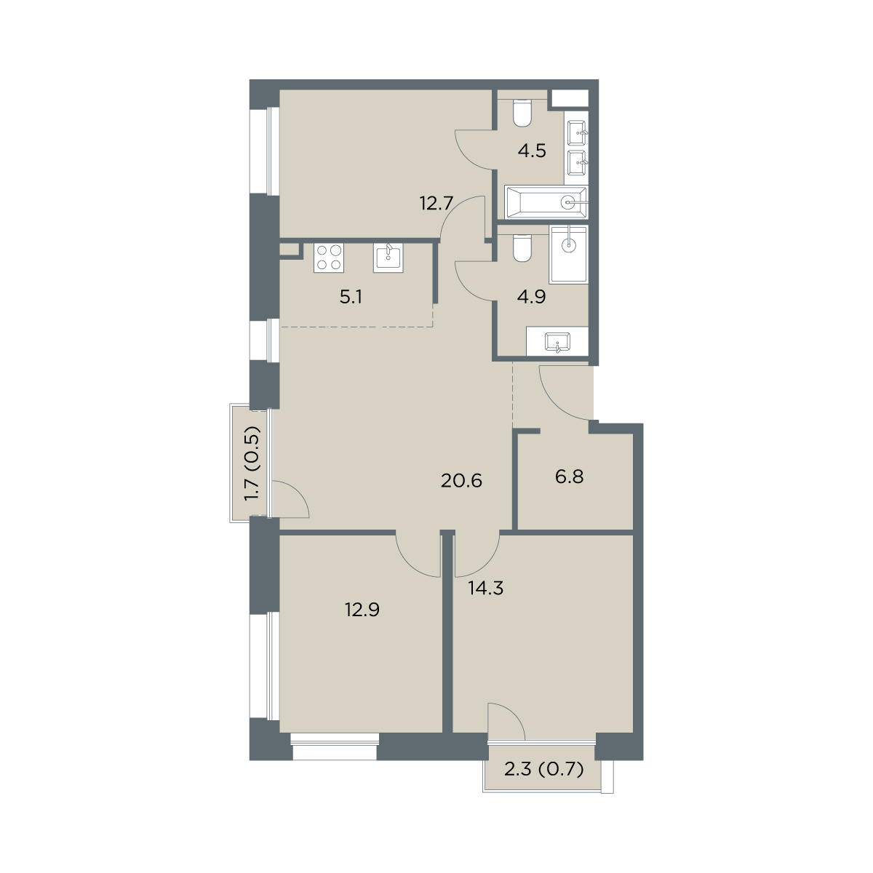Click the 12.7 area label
[x=436, y=204]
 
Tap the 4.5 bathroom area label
[x=532, y=151]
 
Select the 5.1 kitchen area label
[x=351, y=298]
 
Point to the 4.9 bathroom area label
[x=531, y=297]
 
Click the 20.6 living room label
[x=461, y=480]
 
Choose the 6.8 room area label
[x=570, y=477]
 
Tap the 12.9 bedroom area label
[x=362, y=610]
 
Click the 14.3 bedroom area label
[x=486, y=588]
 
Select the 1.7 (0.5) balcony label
[x=252, y=463]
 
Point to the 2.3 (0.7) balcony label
[x=543, y=769]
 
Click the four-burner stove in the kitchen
[x=328, y=258]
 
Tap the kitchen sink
[x=388, y=258]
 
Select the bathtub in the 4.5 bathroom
[x=546, y=202]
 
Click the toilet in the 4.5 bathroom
[x=522, y=113]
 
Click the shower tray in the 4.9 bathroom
[x=568, y=254]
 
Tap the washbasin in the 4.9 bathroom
[x=558, y=342]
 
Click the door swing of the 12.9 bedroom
[x=418, y=555]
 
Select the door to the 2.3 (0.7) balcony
[x=506, y=722]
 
